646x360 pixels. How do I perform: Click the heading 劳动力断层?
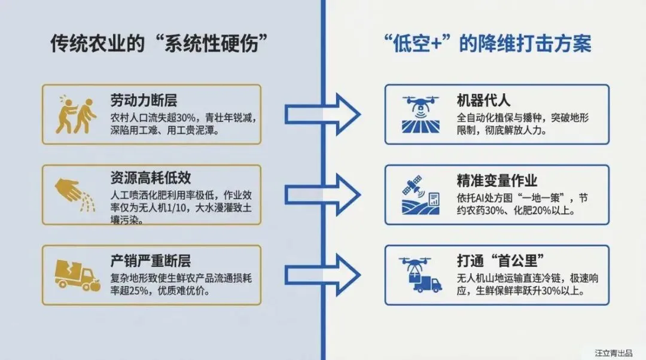[x=144, y=99]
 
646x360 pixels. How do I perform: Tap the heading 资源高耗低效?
[x=151, y=178]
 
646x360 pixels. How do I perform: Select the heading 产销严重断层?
[x=151, y=261]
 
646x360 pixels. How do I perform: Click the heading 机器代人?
[x=483, y=100]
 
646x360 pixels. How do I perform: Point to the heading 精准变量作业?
[x=497, y=181]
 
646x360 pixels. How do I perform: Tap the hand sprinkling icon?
[x=75, y=194]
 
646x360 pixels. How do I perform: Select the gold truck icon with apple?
[x=77, y=275]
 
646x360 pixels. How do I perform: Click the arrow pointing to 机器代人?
[x=323, y=114]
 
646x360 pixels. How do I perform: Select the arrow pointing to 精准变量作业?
[x=323, y=195]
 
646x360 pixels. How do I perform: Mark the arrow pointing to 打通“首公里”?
[x=323, y=275]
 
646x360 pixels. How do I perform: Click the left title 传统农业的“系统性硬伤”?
[x=158, y=45]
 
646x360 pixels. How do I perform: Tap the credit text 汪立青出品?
[x=613, y=353]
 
